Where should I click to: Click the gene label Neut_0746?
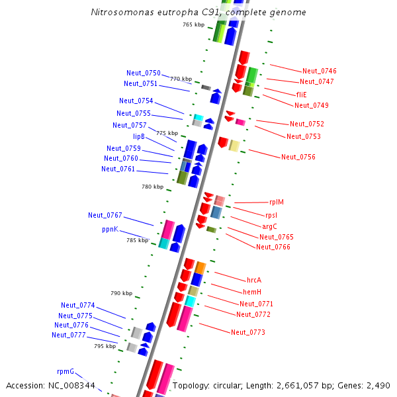click(x=319, y=71)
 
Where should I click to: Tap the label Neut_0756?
click(x=298, y=157)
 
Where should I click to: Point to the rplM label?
click(x=276, y=202)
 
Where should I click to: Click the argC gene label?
click(x=269, y=226)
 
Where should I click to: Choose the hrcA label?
click(x=254, y=280)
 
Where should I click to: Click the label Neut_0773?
click(x=247, y=331)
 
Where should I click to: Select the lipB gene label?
click(x=138, y=136)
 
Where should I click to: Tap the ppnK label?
click(x=110, y=229)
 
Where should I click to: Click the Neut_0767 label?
click(x=105, y=215)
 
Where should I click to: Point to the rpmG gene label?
click(x=66, y=371)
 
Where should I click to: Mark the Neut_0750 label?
click(x=143, y=73)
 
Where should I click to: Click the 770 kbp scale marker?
click(x=181, y=79)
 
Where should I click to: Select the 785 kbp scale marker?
click(x=137, y=240)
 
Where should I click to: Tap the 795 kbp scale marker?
click(x=105, y=346)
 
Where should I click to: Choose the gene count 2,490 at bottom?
click(x=378, y=385)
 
